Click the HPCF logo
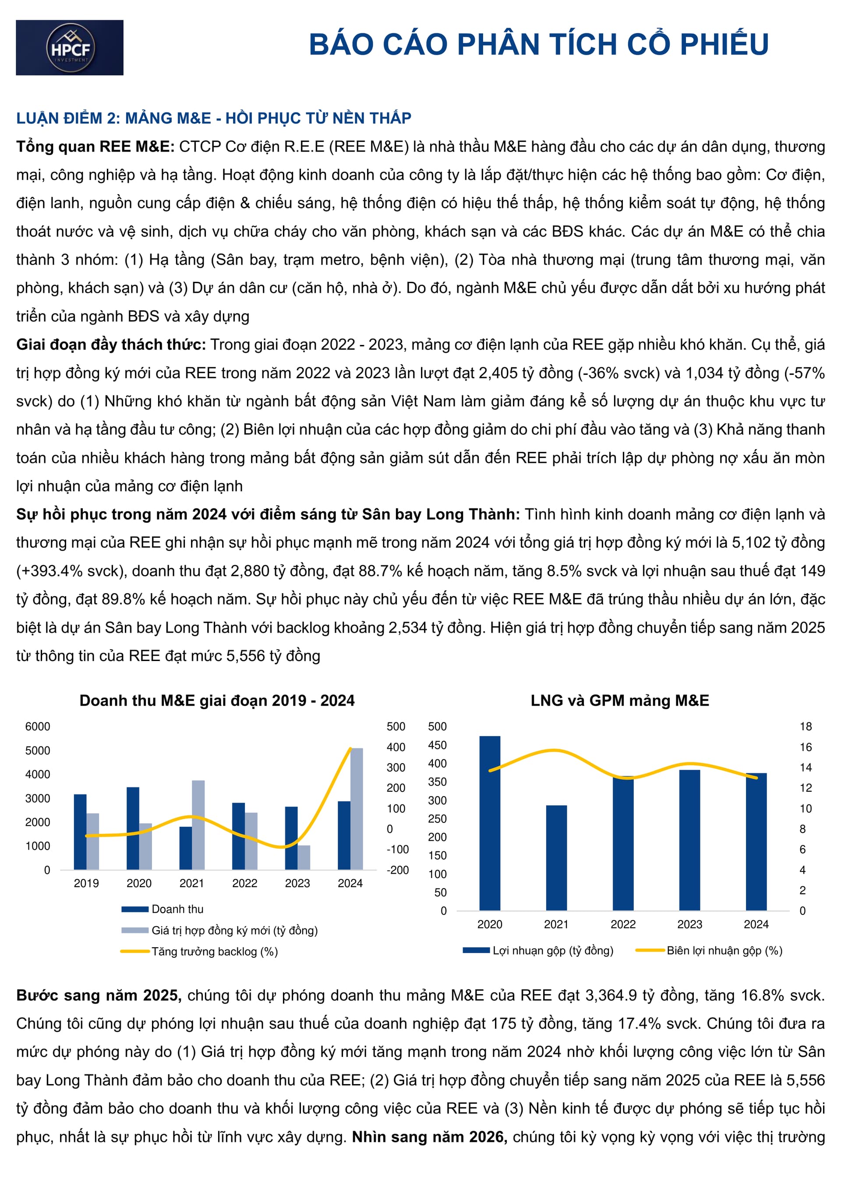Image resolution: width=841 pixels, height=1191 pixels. tap(70, 48)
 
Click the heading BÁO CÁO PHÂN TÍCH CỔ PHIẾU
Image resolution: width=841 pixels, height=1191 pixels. tap(539, 44)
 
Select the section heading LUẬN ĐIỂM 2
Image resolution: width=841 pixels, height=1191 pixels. tap(214, 118)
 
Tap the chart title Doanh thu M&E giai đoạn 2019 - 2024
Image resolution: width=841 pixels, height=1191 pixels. tap(217, 700)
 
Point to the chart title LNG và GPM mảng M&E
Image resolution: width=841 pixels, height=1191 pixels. tap(620, 700)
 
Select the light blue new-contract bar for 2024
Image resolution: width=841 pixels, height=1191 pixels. tap(357, 809)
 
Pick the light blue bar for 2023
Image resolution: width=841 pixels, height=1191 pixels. tap(304, 857)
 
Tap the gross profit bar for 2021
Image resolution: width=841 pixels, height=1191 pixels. tap(556, 858)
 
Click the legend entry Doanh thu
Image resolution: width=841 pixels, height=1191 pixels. tap(177, 909)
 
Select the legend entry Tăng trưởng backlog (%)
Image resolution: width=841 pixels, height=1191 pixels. tap(214, 951)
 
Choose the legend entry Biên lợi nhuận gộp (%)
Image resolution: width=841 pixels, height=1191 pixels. tap(724, 950)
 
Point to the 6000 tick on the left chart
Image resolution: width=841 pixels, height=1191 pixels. tap(38, 726)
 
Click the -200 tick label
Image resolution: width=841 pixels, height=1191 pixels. tap(398, 870)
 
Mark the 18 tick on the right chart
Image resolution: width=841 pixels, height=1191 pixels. tap(805, 726)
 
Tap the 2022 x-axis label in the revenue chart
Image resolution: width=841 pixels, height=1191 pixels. tap(244, 883)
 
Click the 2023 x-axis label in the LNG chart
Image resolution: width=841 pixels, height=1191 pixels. tap(689, 924)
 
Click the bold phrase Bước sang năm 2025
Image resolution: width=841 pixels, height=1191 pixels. tap(99, 995)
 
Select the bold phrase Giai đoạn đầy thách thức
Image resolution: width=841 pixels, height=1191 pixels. tap(111, 345)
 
